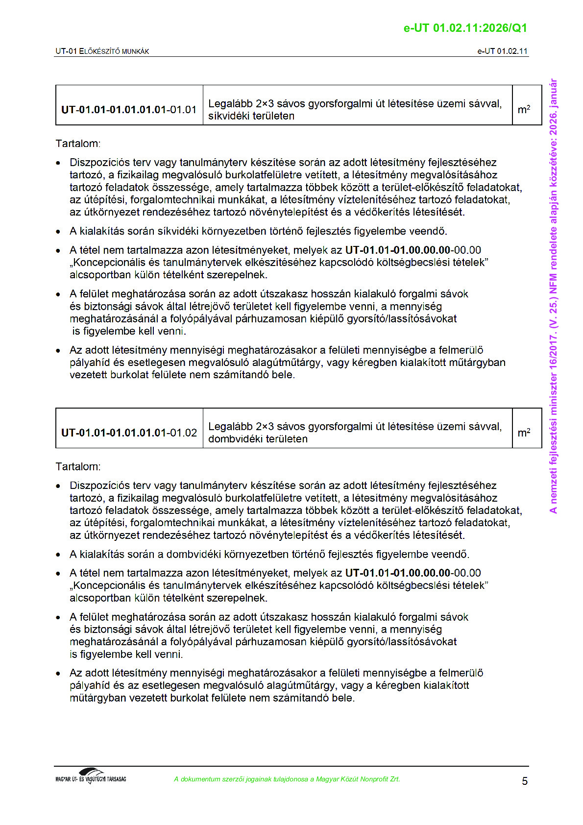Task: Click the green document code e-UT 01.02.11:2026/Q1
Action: [465, 28]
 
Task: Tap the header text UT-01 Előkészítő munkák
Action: [102, 51]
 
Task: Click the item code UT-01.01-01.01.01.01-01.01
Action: [129, 110]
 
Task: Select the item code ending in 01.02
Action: [129, 433]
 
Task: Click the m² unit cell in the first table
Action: [524, 109]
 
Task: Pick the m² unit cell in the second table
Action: [524, 433]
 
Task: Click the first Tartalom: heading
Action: [78, 144]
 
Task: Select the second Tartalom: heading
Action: [78, 466]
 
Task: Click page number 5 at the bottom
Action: [525, 781]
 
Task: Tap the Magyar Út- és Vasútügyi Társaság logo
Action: [91, 776]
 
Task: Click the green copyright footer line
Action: [287, 779]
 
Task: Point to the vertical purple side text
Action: [553, 296]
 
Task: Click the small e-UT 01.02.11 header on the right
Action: [502, 51]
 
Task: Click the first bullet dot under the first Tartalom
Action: [59, 163]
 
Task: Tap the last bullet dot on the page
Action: [59, 674]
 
